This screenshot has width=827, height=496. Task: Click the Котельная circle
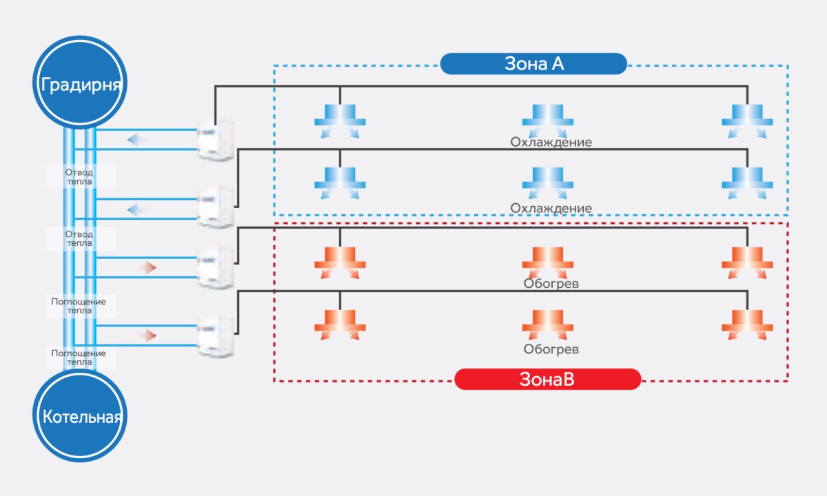pos(81,417)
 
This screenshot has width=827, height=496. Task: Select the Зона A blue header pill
pos(533,64)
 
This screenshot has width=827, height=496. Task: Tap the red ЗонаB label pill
pos(547,379)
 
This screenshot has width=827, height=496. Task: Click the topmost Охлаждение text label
pos(551,143)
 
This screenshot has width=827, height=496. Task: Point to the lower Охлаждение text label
pos(551,208)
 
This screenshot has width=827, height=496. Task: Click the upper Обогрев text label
pos(551,283)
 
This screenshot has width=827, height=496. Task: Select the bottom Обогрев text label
pos(551,349)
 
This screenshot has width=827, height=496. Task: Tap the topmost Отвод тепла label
pos(79,176)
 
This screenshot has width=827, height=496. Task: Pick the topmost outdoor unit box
pos(215,139)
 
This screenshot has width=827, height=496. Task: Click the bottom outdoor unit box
pos(215,335)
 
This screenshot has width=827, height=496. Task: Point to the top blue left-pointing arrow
pos(137,140)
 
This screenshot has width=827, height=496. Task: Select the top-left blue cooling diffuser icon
pos(339,120)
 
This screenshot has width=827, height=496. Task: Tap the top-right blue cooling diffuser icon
pos(747,120)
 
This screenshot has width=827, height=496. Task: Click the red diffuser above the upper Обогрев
pos(547,260)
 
